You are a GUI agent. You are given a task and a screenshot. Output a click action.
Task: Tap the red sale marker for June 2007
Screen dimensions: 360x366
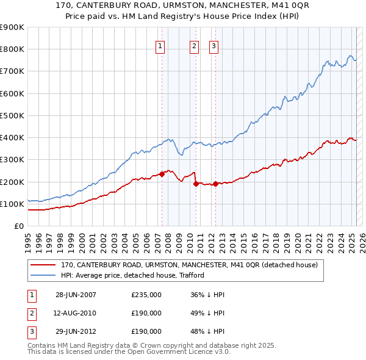(x=162, y=174)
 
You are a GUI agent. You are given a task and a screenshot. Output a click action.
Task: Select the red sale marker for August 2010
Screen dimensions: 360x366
(x=196, y=183)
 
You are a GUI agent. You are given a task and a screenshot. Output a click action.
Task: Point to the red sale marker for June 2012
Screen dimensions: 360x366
(x=216, y=183)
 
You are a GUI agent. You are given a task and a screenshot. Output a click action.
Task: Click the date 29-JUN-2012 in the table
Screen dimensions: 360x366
(x=76, y=331)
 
